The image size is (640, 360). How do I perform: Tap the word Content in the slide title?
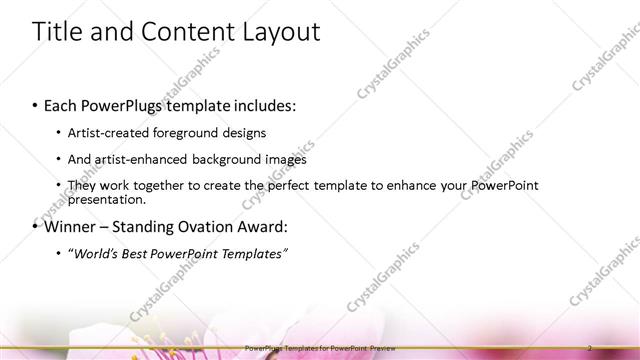point(180,32)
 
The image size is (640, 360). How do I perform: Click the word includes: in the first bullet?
point(262,105)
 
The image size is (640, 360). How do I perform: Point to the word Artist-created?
point(111,133)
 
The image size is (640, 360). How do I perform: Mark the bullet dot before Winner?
point(36,227)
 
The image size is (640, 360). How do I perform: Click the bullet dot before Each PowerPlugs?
point(36,106)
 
